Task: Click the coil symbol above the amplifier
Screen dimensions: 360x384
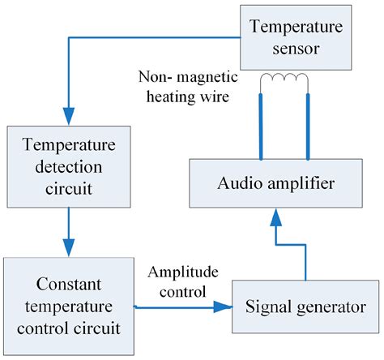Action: (x=284, y=83)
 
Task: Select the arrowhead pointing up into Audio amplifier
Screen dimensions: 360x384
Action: (x=276, y=217)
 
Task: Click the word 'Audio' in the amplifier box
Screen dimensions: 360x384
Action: (x=237, y=184)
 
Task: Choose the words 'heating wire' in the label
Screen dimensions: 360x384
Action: (x=200, y=96)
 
